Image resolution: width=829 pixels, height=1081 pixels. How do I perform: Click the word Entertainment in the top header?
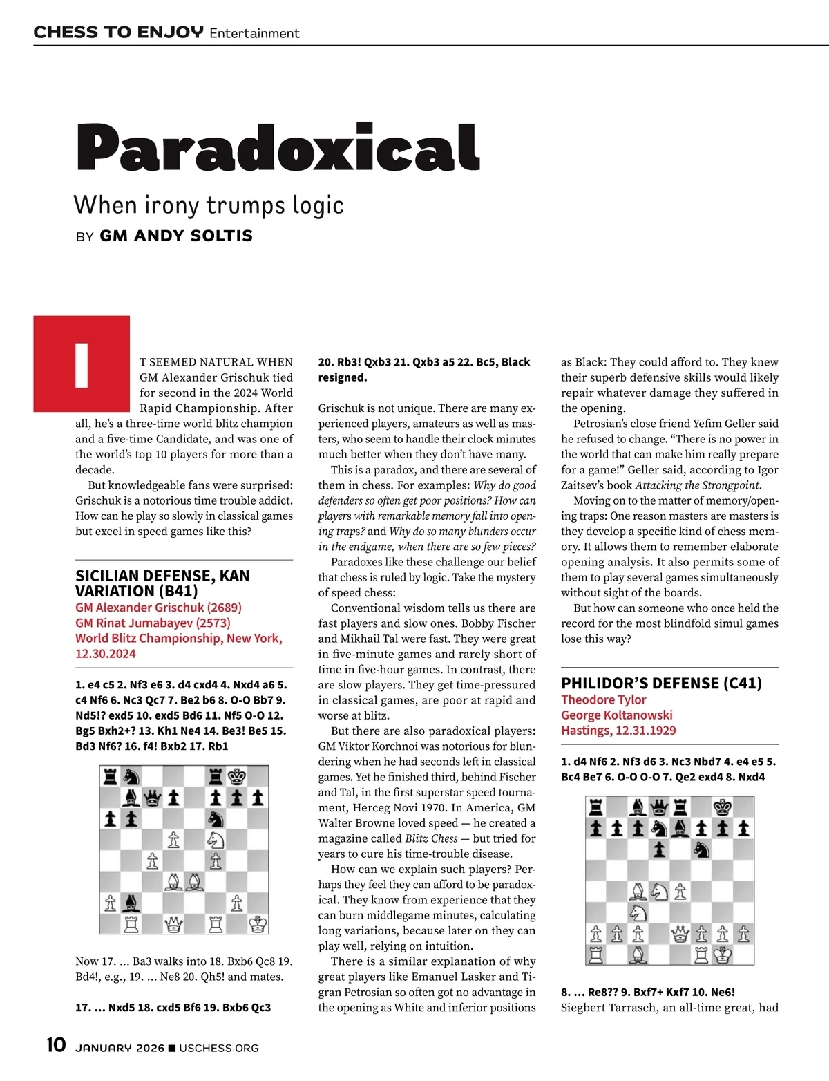pyautogui.click(x=254, y=33)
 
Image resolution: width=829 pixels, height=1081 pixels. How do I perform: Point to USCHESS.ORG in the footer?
pyautogui.click(x=218, y=1048)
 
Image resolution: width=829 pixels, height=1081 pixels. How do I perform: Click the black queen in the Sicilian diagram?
pyautogui.click(x=153, y=798)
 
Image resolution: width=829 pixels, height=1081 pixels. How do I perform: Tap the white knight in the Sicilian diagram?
pyautogui.click(x=216, y=840)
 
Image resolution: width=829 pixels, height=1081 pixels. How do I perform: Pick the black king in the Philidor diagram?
pyautogui.click(x=723, y=807)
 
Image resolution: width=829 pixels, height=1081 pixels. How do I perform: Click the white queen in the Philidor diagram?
pyautogui.click(x=680, y=934)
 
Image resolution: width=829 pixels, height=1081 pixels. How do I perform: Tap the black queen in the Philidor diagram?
pyautogui.click(x=660, y=807)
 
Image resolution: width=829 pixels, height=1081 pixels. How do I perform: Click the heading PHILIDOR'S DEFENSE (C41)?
pyautogui.click(x=661, y=684)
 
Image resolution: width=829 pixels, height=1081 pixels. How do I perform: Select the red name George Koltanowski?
pyautogui.click(x=616, y=715)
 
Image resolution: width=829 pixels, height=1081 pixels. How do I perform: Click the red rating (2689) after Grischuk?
pyautogui.click(x=225, y=608)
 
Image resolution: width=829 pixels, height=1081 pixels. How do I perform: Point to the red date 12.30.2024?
pyautogui.click(x=106, y=653)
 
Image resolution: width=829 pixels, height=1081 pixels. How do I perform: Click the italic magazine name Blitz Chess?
pyautogui.click(x=435, y=838)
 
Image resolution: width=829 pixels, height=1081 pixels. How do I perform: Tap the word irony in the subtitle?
pyautogui.click(x=171, y=205)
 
